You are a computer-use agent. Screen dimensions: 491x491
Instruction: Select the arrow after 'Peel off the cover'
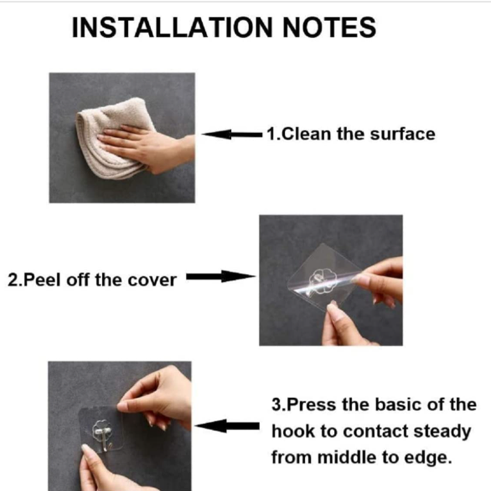(x=221, y=277)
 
